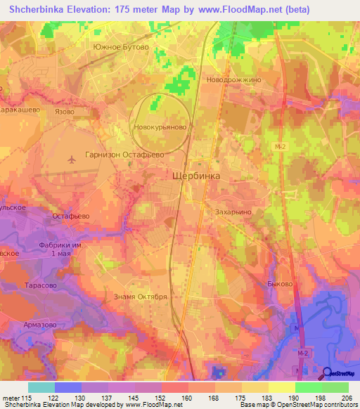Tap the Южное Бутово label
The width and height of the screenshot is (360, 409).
[121, 46]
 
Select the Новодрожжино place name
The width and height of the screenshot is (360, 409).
[233, 80]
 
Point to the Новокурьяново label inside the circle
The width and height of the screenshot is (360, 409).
[160, 128]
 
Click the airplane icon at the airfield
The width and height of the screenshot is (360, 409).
[71, 159]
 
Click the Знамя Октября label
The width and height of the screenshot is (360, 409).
[141, 297]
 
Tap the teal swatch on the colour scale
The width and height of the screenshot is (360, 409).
[41, 387]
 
